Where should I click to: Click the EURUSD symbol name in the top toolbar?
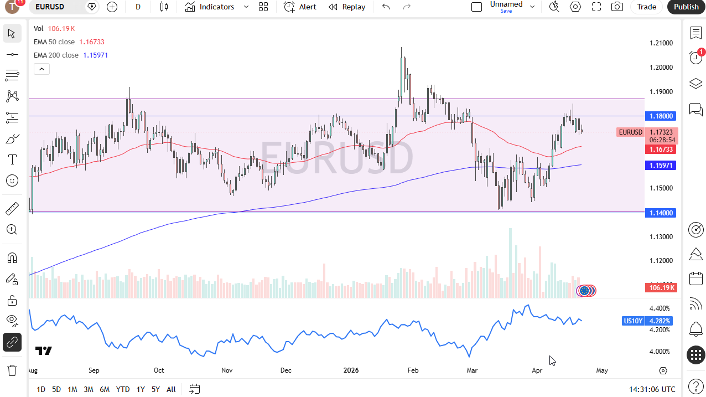[x=50, y=7]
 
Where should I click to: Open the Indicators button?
[x=210, y=7]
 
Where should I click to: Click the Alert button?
[x=300, y=7]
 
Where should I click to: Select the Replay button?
[x=347, y=7]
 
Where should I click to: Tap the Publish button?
[x=686, y=7]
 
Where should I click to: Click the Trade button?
[x=646, y=7]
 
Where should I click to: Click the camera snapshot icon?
[x=617, y=7]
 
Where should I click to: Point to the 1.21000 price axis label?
[x=661, y=43]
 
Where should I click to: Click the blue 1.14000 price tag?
[x=661, y=213]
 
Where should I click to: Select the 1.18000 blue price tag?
[x=661, y=116]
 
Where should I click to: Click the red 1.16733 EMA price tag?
[x=661, y=149]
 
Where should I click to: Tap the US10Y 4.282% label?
[x=647, y=321]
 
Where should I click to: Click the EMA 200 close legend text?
[x=56, y=55]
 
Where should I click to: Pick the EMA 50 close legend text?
[x=54, y=42]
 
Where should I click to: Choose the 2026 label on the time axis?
[x=351, y=370]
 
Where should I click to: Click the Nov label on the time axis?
[x=227, y=370]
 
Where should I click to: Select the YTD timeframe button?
[x=123, y=389]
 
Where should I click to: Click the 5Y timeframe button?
[x=155, y=389]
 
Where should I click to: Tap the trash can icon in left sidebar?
[x=12, y=370]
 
